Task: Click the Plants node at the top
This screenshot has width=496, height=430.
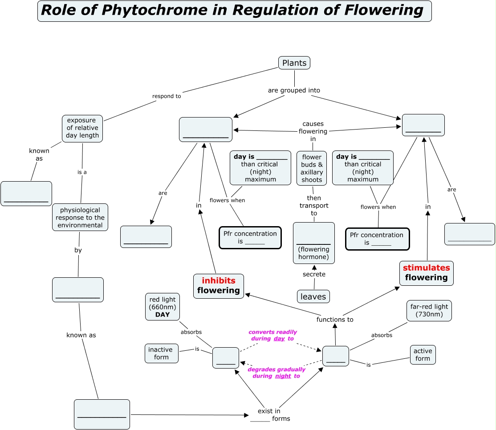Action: tap(294, 63)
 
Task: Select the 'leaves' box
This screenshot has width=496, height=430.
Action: tap(313, 296)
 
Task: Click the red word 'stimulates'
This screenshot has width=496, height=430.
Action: tap(426, 268)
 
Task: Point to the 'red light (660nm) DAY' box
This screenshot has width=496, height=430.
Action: tap(163, 307)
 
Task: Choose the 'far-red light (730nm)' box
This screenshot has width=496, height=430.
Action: tap(429, 311)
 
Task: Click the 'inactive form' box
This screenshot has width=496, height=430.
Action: tap(161, 353)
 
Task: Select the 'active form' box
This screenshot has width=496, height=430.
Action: tap(423, 355)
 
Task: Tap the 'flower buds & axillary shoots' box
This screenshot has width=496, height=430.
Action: tap(312, 168)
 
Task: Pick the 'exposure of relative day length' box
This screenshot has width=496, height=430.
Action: tap(82, 128)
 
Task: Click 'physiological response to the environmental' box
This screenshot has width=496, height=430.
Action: tap(80, 218)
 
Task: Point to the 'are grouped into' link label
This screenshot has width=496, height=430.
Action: tap(294, 90)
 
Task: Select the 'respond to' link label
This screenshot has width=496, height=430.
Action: tap(167, 96)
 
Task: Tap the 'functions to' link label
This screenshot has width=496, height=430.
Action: tap(335, 320)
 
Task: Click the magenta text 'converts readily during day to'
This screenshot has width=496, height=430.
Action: tap(272, 335)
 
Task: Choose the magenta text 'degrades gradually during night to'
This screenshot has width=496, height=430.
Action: tap(276, 373)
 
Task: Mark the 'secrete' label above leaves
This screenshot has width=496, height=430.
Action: tap(314, 274)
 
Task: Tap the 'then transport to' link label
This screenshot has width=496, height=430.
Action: tap(314, 206)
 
